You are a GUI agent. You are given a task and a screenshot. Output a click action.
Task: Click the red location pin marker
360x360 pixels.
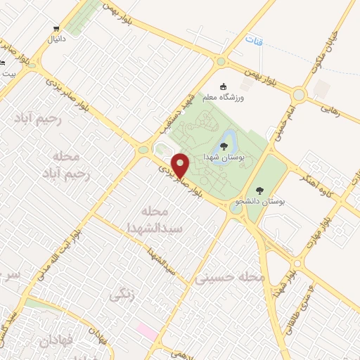pyautogui.click(x=180, y=165)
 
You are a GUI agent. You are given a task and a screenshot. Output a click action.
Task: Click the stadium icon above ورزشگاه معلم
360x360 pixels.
pyautogui.click(x=225, y=84)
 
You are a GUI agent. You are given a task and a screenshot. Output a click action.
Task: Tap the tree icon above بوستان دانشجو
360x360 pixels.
pyautogui.click(x=259, y=190)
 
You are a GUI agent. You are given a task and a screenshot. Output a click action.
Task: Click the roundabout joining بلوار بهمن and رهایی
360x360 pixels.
pyautogui.click(x=300, y=94)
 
